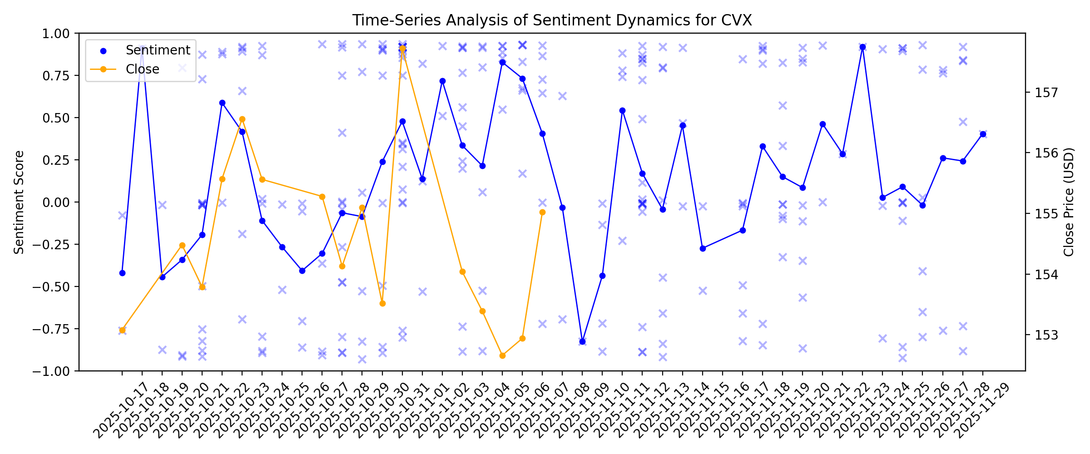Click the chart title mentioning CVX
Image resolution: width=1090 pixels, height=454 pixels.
pyautogui.click(x=552, y=20)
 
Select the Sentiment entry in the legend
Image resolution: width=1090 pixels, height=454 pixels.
pyautogui.click(x=158, y=50)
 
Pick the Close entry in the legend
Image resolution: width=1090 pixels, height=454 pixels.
pyautogui.click(x=142, y=69)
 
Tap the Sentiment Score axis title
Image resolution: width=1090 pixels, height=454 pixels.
pyautogui.click(x=19, y=202)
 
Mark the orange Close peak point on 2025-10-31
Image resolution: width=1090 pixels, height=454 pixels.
pyautogui.click(x=402, y=48)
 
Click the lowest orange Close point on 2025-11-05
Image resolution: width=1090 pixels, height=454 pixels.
pyautogui.click(x=502, y=355)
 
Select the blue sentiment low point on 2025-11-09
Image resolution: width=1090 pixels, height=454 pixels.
pyautogui.click(x=582, y=341)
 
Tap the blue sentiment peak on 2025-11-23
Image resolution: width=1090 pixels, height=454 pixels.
pyautogui.click(x=862, y=47)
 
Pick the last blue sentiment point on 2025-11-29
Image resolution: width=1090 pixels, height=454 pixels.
pyautogui.click(x=983, y=134)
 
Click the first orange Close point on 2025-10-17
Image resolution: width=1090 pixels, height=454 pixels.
pyautogui.click(x=122, y=330)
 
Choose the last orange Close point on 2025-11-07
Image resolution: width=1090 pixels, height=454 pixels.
pyautogui.click(x=542, y=212)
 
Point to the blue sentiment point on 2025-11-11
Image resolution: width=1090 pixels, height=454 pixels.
pyautogui.click(x=622, y=110)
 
